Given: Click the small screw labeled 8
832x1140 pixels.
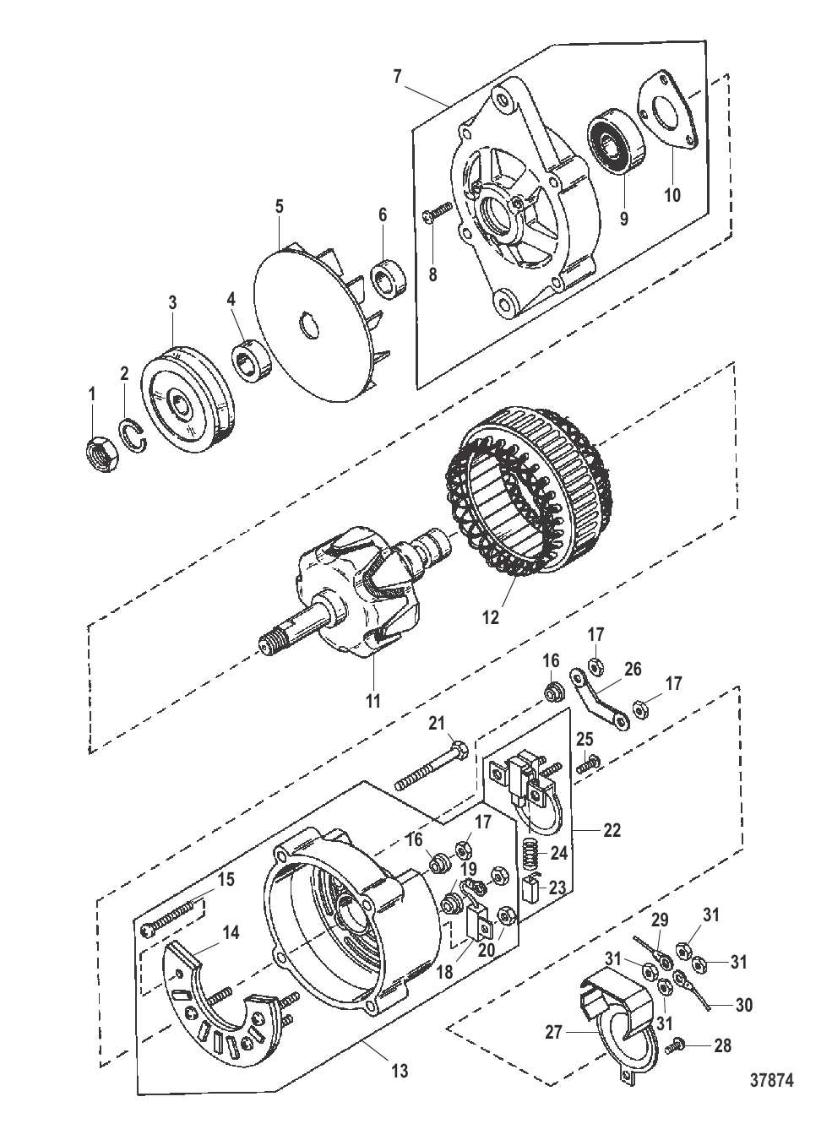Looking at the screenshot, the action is [x=438, y=212].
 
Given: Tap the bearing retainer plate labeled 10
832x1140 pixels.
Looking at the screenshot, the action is [x=667, y=110].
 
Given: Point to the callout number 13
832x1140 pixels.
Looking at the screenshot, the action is [x=400, y=1070].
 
